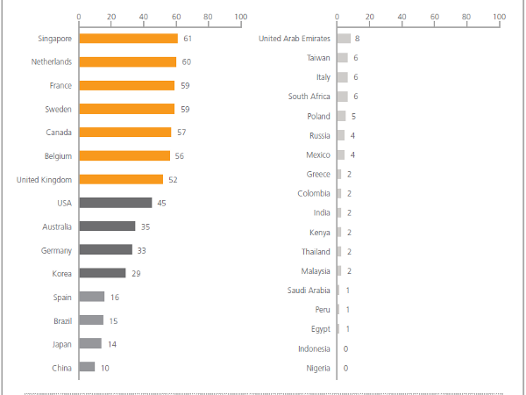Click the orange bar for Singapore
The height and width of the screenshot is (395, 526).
coord(128,39)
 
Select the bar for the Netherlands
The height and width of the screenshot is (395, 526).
coord(127,62)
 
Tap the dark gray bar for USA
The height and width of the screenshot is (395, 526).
coord(115,203)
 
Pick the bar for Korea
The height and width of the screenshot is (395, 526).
coord(102,273)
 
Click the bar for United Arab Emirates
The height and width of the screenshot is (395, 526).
coord(344,39)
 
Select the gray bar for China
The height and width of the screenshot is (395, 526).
coord(87,367)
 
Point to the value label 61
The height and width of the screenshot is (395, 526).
coord(188,39)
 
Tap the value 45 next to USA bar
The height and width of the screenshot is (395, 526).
coord(161,203)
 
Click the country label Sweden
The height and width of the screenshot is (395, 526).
coord(59,109)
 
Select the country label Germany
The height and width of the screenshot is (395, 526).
coord(56,250)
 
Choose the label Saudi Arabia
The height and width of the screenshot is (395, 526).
coord(309,291)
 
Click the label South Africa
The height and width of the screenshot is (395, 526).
coord(309,97)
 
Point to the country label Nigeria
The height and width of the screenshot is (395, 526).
coord(317,368)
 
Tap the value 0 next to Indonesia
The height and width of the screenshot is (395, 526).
coord(345,348)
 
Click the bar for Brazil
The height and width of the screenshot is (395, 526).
coord(91,320)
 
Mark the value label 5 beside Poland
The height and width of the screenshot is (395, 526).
coord(353,116)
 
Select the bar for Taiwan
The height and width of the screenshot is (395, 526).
coord(342,58)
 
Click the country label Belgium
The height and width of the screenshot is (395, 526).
coord(59,156)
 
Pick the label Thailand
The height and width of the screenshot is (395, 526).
coord(316,252)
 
